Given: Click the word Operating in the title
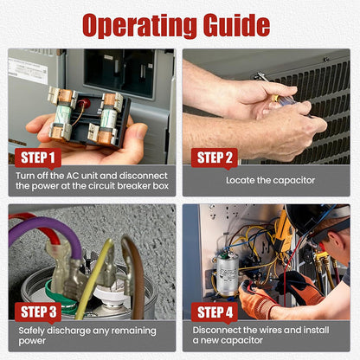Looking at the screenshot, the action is pos(139,26).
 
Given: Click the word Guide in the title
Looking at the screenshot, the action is pos(237,25).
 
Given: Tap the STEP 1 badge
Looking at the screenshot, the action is pos(38,157).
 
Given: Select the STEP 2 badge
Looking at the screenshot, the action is pos(215,157).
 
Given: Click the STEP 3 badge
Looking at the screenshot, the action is pos(38,312).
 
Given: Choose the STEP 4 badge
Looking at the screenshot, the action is pos(215,312).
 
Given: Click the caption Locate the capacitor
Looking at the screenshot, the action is pos(270,181).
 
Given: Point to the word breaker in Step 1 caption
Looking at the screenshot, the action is pos(134,186).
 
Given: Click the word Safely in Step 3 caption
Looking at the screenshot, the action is pos(31,331).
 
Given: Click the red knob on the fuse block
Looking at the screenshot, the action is pos(86,102).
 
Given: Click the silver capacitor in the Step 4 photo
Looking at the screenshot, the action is pos(228,274).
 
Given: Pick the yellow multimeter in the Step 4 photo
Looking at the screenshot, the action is pos(284,232).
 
